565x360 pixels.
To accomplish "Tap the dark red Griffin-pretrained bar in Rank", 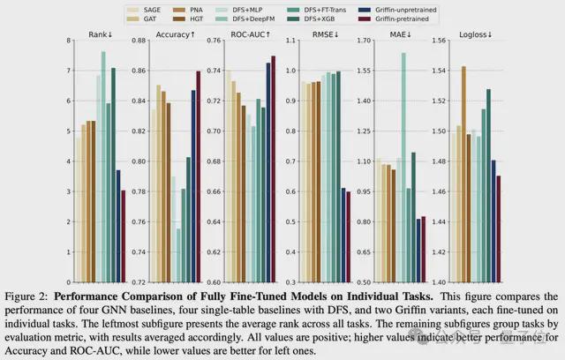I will [124, 236].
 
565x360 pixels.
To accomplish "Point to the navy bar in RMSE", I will [343, 235].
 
